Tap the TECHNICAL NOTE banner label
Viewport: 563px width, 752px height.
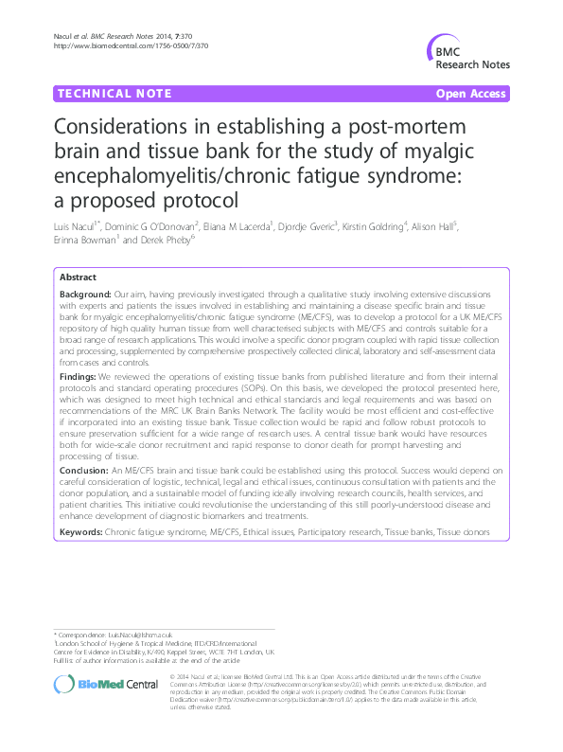click(114, 94)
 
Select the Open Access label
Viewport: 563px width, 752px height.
click(471, 94)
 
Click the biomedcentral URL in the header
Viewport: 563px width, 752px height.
click(132, 45)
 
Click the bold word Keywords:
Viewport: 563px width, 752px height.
click(82, 533)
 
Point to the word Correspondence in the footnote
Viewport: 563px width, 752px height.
click(80, 633)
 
